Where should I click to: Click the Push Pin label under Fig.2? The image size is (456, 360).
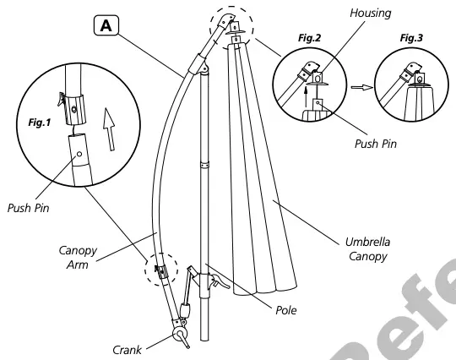375,143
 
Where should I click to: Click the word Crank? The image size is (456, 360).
129,347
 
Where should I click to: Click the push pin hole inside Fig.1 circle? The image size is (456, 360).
79,153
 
